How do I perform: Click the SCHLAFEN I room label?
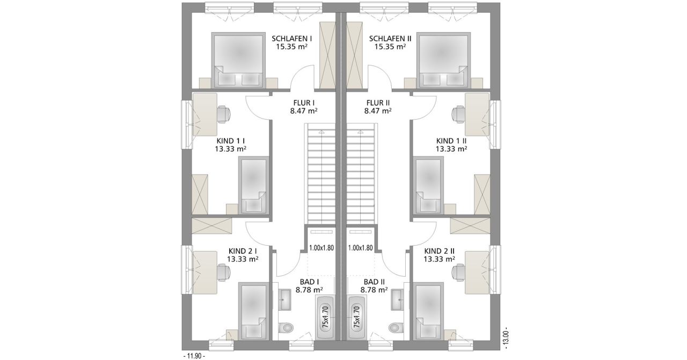(291, 39)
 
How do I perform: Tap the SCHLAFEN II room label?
(390, 39)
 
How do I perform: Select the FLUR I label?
(304, 103)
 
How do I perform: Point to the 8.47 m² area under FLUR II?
(378, 111)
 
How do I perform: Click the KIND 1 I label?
(231, 141)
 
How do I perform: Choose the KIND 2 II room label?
(440, 252)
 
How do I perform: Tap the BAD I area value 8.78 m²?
(309, 290)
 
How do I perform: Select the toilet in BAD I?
(286, 328)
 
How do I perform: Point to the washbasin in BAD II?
(398, 299)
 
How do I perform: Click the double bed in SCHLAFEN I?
(238, 60)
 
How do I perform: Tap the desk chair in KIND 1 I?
(224, 113)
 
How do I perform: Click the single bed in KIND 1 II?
(428, 185)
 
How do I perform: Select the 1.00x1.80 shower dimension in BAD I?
(321, 248)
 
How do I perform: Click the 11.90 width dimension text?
(194, 356)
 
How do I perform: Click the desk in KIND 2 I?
(205, 273)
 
